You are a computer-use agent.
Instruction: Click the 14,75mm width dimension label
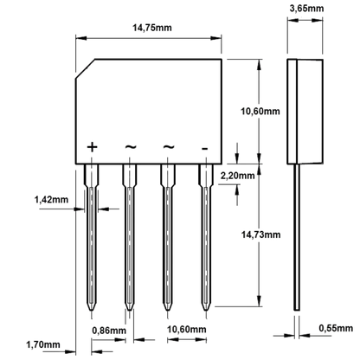tap(152, 28)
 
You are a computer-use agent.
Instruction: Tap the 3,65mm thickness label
tap(306, 9)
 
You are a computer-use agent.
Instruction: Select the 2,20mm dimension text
tap(237, 175)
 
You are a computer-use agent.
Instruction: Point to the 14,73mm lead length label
tap(260, 235)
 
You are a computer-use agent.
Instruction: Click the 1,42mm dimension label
tap(51, 199)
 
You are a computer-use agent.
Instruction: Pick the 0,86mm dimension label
tap(109, 331)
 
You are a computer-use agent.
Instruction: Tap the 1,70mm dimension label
tap(43, 344)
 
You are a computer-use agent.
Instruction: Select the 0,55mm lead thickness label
tap(336, 328)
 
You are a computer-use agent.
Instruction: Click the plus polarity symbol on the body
tap(92, 147)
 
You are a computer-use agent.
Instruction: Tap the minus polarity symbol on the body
tap(204, 149)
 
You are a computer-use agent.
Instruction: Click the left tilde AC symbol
tap(131, 147)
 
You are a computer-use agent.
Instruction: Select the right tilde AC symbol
tap(169, 147)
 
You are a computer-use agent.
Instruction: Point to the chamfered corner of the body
tap(86, 68)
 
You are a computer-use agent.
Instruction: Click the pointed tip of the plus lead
tap(91, 311)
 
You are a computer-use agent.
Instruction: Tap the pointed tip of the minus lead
tap(205, 311)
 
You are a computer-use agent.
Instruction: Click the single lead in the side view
tap(297, 237)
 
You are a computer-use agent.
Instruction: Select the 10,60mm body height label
tap(260, 112)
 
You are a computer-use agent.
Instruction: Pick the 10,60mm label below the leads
tap(187, 329)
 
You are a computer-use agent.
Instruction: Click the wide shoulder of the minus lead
tap(205, 176)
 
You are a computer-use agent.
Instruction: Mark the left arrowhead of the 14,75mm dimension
tap(81, 38)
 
